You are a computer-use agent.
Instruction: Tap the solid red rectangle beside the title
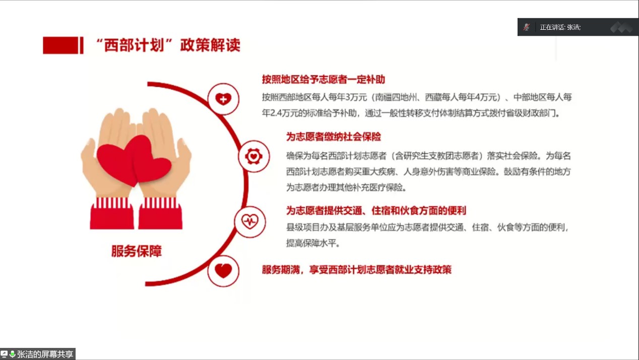(60, 45)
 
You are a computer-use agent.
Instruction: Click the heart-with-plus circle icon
(223, 99)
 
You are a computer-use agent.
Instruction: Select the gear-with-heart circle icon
(253, 156)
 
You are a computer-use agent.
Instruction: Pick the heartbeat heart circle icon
(250, 221)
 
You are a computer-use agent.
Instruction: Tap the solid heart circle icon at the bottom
(223, 271)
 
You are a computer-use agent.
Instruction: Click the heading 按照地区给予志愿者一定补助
(324, 79)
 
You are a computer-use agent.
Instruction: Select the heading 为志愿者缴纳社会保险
(334, 137)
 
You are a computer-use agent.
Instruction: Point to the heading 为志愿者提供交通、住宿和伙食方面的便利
(376, 211)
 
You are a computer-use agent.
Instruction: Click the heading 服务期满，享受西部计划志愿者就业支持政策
(357, 270)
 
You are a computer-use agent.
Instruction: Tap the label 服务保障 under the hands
(137, 251)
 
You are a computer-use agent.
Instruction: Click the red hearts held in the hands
(134, 161)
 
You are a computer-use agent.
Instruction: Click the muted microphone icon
(527, 27)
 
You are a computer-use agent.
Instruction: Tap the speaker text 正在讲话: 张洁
(560, 27)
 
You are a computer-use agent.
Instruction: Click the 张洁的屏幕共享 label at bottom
(45, 354)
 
